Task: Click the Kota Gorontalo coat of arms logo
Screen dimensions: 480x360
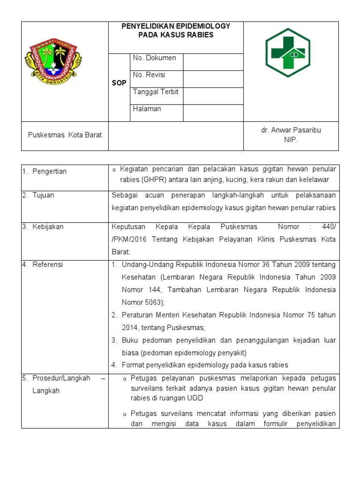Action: (53, 60)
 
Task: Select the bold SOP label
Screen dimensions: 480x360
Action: (119, 83)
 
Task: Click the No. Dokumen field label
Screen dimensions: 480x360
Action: (154, 58)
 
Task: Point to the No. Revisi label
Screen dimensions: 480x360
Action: (149, 75)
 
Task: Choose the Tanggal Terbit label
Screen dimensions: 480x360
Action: (156, 92)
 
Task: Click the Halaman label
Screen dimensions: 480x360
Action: (147, 109)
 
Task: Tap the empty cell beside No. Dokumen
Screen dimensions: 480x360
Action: (213, 62)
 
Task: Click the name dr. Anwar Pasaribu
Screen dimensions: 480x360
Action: (291, 130)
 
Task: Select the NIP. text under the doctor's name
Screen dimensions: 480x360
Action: (291, 140)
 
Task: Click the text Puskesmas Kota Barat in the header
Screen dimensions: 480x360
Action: (65, 135)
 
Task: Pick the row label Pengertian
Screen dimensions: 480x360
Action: (50, 171)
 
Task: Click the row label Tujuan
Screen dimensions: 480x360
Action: (43, 195)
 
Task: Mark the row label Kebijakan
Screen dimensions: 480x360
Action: (48, 227)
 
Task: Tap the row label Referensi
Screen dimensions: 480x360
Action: (47, 265)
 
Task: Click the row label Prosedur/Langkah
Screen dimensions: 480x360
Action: (61, 378)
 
